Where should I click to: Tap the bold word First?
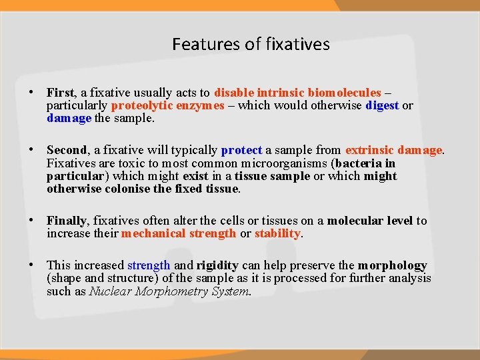coord(61,93)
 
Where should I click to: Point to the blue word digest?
coord(382,105)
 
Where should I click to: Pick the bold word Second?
coord(67,151)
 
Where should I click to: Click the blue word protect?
coord(241,151)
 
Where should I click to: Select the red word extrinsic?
coord(369,151)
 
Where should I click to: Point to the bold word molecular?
coord(353,221)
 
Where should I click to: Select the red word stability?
coord(278,233)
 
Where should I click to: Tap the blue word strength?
coord(149,265)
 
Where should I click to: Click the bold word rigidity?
coord(217,265)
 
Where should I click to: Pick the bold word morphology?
coord(392,265)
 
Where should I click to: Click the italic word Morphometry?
coord(170,291)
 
